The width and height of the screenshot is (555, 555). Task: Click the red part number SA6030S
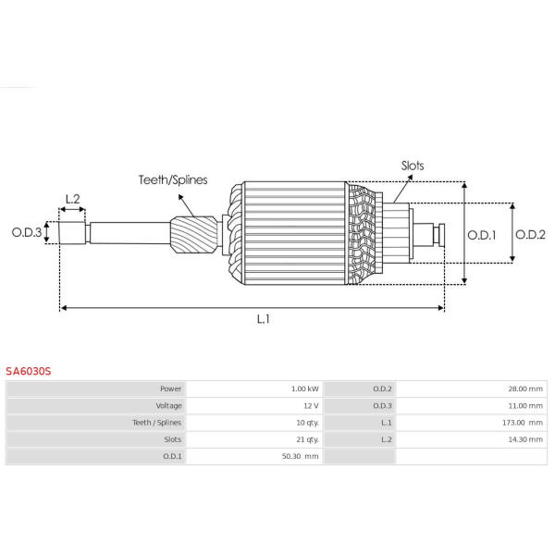29,371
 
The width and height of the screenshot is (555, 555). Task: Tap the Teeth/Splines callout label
173,179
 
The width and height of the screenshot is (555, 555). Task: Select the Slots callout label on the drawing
413,166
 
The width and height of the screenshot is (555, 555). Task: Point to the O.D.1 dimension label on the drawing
482,235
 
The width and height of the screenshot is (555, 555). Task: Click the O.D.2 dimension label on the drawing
530,234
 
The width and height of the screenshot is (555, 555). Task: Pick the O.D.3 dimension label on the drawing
27,232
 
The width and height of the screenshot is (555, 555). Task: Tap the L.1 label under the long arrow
264,319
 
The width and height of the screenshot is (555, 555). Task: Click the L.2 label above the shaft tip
72,199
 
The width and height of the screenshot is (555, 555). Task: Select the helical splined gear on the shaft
193,234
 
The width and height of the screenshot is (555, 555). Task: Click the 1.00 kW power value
304,388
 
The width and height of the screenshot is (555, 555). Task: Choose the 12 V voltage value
311,406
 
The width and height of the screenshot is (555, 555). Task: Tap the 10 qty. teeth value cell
307,423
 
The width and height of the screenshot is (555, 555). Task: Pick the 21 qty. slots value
307,439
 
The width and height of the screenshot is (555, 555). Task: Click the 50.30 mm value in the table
300,456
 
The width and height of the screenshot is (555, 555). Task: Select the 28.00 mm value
525,388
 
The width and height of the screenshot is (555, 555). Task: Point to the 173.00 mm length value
523,423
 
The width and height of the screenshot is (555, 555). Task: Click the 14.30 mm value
525,439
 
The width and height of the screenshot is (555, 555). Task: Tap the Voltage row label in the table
169,406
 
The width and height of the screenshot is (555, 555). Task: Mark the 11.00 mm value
525,406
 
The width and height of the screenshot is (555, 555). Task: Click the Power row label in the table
170,388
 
